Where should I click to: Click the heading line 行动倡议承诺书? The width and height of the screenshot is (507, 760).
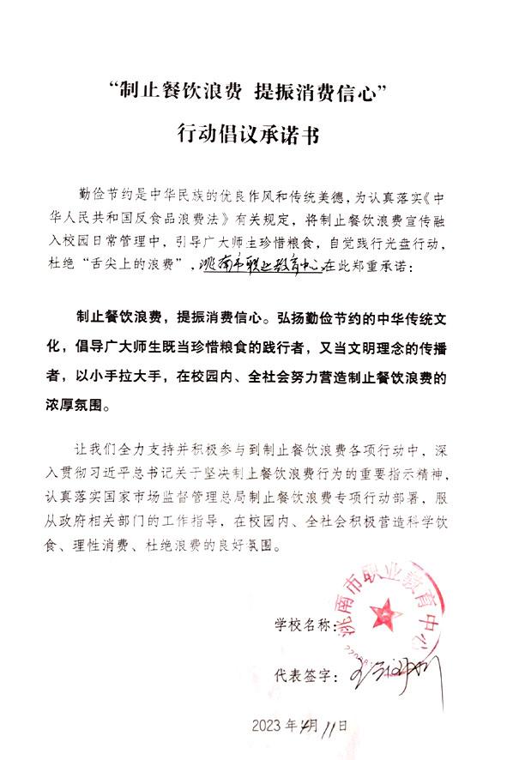tap(253, 133)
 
